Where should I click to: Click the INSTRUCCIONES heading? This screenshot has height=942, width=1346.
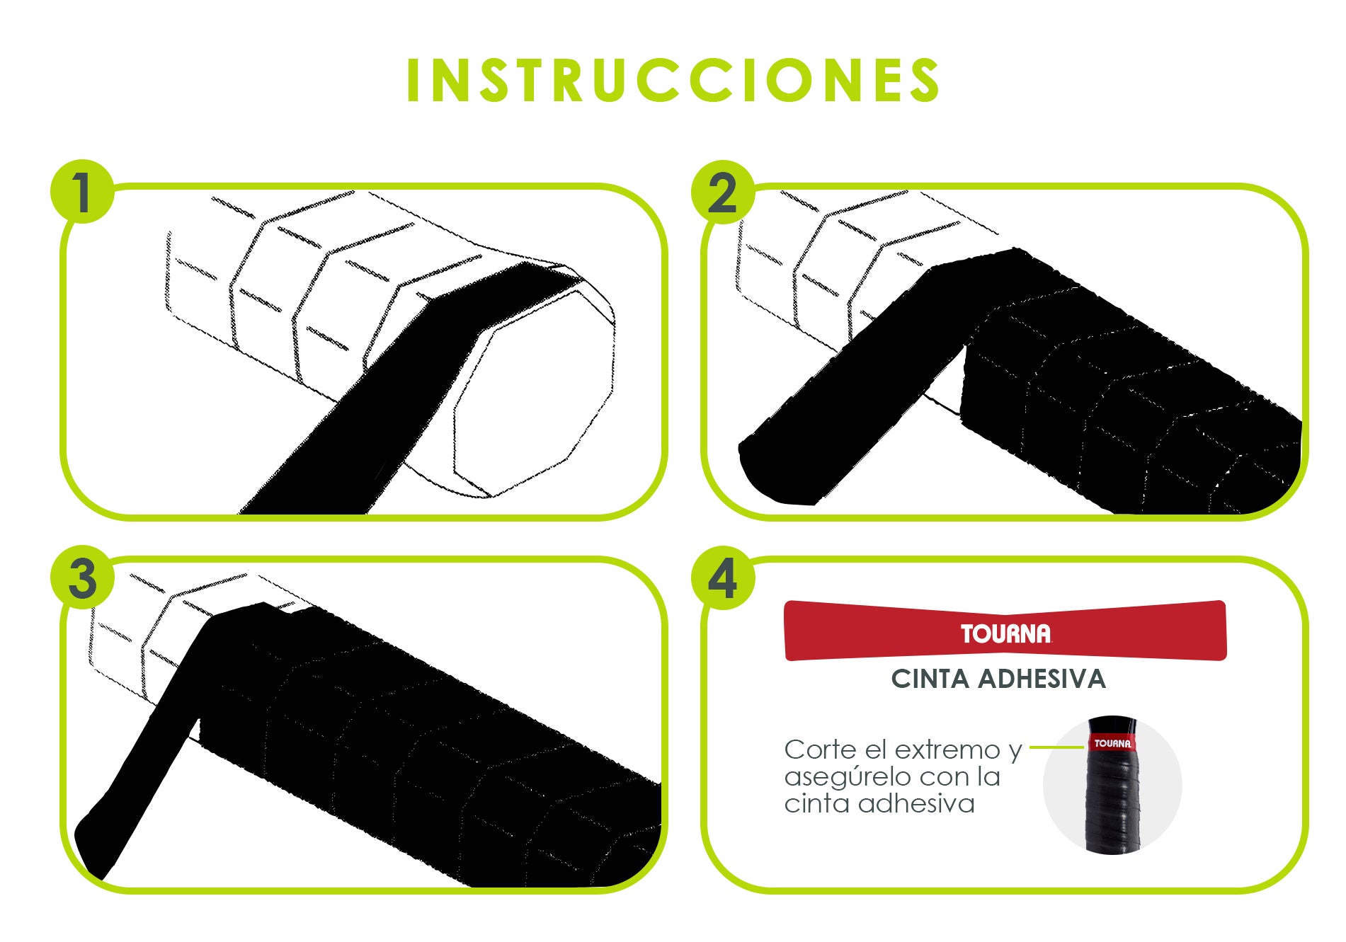pyautogui.click(x=673, y=80)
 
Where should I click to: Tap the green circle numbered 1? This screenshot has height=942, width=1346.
pyautogui.click(x=82, y=192)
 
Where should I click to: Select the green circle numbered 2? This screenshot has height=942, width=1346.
pyautogui.click(x=723, y=192)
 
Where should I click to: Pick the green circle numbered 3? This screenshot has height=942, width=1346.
pyautogui.click(x=82, y=577)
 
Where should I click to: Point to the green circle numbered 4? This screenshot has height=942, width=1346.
pyautogui.click(x=723, y=577)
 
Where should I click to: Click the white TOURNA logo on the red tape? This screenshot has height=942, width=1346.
pyautogui.click(x=1005, y=633)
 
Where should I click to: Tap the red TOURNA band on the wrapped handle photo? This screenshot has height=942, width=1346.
pyautogui.click(x=1112, y=743)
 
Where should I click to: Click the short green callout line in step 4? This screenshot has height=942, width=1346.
pyautogui.click(x=1057, y=747)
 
